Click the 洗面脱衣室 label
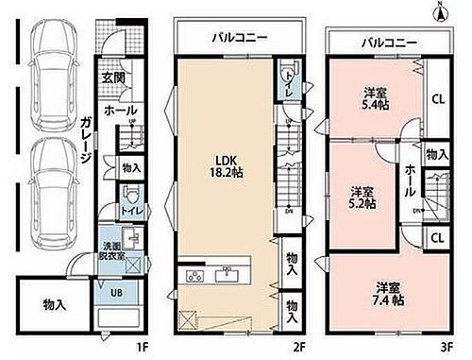point(112,249)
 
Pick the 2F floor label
point(298,348)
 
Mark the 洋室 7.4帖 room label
point(390,292)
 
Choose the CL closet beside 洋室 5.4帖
point(437,97)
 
